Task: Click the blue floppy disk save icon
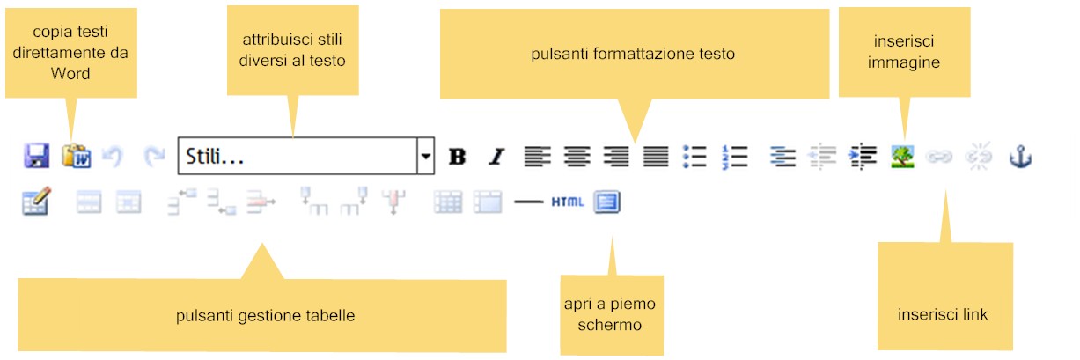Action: pos(36,157)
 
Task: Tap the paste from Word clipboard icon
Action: pos(76,157)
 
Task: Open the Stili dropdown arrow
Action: pos(426,157)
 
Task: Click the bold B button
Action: pos(457,157)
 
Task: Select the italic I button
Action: pos(496,157)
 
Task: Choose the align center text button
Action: pos(577,157)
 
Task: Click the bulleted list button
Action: pos(695,157)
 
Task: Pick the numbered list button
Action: pos(734,157)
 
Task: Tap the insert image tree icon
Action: pos(902,157)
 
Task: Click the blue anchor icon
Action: pos(1019,157)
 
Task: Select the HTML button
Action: pos(568,202)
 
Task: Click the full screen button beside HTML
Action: pos(606,202)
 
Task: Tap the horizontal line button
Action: pos(529,202)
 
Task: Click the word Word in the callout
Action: pos(70,74)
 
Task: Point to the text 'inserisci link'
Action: pos(943,314)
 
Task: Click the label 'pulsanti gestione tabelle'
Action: pos(265,315)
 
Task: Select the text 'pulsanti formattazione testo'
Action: pos(633,54)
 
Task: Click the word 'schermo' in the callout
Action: pos(610,325)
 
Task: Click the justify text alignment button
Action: pos(656,157)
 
